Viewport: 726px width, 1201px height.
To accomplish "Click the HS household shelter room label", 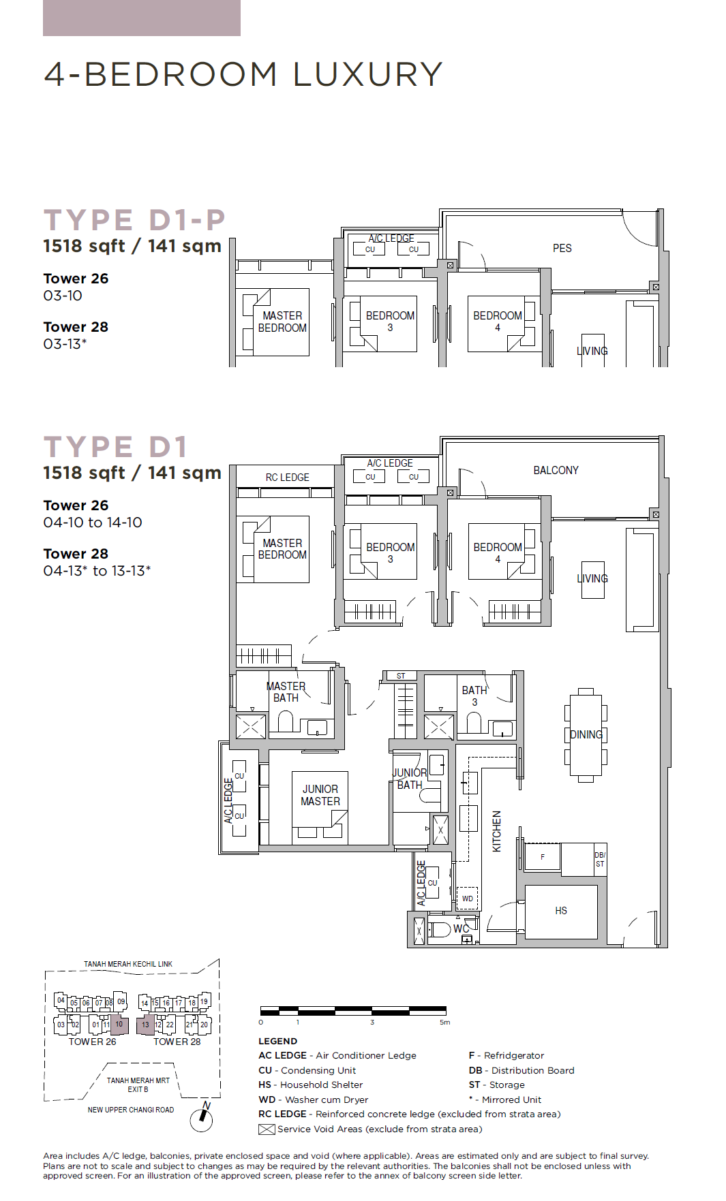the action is [561, 911].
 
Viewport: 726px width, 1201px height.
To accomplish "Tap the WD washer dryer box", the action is [468, 898].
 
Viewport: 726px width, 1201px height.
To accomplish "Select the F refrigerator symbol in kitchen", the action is [543, 857].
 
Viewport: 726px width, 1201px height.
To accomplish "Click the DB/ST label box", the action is [600, 860].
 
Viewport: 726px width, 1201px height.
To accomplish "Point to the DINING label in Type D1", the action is [586, 734].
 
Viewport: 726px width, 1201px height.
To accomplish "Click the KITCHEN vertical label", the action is [497, 831].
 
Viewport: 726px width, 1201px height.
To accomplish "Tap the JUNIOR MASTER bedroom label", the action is [320, 795].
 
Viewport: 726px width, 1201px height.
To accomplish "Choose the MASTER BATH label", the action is [286, 691].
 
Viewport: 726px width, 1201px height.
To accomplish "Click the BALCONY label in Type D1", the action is [556, 470].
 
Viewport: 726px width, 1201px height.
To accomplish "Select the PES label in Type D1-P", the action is [562, 248].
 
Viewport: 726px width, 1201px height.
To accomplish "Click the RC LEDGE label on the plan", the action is [288, 478].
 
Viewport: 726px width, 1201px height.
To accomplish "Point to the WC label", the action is [462, 929].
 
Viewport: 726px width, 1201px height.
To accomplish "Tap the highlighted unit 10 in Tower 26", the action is [119, 1024].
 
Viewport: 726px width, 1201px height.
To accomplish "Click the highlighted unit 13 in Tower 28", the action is [145, 1025].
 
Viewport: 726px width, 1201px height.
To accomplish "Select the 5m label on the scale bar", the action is [444, 1022].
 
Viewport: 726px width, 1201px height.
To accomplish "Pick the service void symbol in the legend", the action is [267, 1129].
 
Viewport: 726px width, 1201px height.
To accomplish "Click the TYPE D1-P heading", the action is [134, 220].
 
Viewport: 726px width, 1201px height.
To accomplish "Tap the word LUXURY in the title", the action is [368, 74].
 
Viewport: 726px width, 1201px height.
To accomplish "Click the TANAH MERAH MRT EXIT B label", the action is [138, 1085].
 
